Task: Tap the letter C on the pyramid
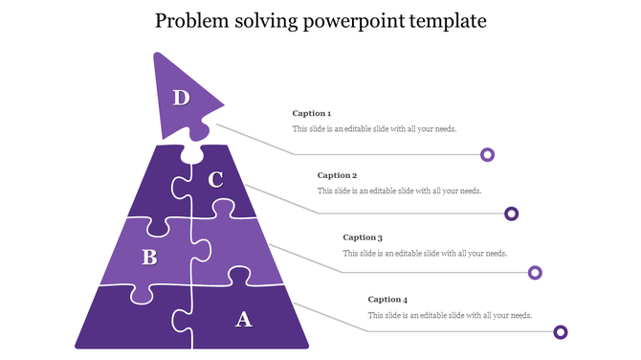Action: [215, 179]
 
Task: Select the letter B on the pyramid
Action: [149, 257]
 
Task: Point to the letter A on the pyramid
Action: [244, 319]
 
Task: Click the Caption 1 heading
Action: [312, 114]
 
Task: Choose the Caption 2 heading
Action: [337, 175]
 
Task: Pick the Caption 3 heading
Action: [363, 237]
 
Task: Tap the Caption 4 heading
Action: [387, 300]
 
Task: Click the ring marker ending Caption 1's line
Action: [487, 154]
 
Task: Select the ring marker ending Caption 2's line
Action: [512, 214]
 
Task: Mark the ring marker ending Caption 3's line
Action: [536, 273]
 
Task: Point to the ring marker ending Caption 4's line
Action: [561, 332]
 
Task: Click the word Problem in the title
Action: [192, 20]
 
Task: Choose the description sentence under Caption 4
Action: [450, 315]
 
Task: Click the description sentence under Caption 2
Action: [399, 191]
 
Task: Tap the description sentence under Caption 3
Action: [425, 253]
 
